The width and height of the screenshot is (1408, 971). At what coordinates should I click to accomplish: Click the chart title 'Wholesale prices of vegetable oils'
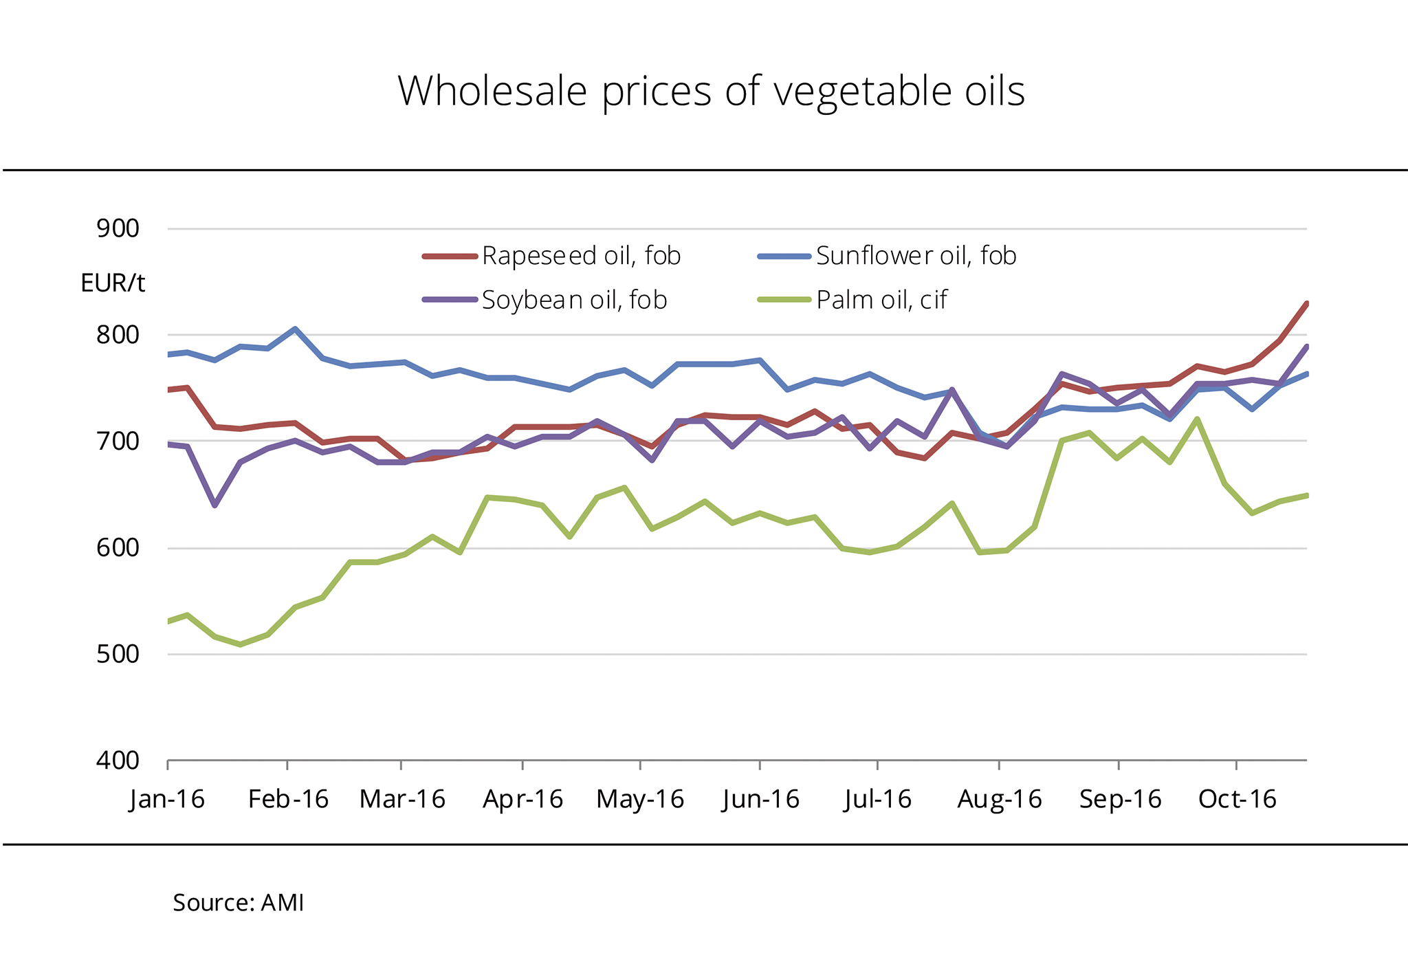click(x=711, y=91)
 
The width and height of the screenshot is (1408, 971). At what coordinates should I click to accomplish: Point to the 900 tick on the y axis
click(x=118, y=228)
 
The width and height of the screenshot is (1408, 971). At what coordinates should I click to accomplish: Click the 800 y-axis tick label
click(x=118, y=335)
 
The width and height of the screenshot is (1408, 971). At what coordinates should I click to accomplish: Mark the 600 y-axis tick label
click(x=118, y=548)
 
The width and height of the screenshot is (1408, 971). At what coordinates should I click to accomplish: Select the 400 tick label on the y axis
click(x=118, y=761)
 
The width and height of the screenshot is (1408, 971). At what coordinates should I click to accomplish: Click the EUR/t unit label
click(x=113, y=283)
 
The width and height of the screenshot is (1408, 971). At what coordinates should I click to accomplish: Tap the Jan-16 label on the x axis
click(x=167, y=799)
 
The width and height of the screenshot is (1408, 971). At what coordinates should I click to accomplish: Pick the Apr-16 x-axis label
click(x=522, y=799)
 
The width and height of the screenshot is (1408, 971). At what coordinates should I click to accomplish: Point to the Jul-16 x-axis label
click(x=877, y=799)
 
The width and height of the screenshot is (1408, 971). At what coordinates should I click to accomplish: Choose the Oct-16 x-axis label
click(x=1237, y=799)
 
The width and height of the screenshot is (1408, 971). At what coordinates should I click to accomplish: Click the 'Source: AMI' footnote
click(x=238, y=903)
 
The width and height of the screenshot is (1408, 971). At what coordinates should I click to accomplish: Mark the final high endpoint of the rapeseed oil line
click(x=1306, y=303)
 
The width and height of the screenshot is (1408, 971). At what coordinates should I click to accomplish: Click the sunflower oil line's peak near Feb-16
click(x=295, y=329)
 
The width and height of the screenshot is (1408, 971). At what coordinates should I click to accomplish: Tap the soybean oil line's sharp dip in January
click(x=215, y=505)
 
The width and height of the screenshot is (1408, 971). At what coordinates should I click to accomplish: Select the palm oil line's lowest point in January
click(x=240, y=644)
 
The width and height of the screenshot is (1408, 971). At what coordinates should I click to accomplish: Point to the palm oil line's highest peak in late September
click(x=1198, y=418)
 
